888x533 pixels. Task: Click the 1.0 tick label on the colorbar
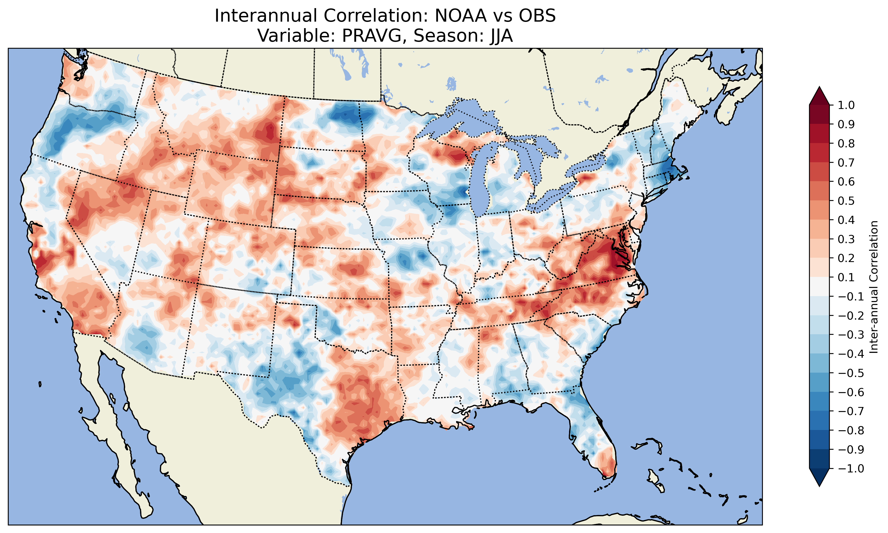[x=846, y=105]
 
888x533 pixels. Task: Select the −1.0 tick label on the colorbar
[x=851, y=468]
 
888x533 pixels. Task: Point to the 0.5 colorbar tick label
[x=846, y=201]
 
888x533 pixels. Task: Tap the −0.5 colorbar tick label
[x=851, y=373]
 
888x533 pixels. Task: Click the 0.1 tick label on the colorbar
[x=846, y=277]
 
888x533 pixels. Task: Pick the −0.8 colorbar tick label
[x=851, y=430]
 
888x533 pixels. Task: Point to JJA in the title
[x=500, y=35]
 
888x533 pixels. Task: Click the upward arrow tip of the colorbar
[x=819, y=88]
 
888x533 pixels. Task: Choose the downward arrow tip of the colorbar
[x=819, y=486]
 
